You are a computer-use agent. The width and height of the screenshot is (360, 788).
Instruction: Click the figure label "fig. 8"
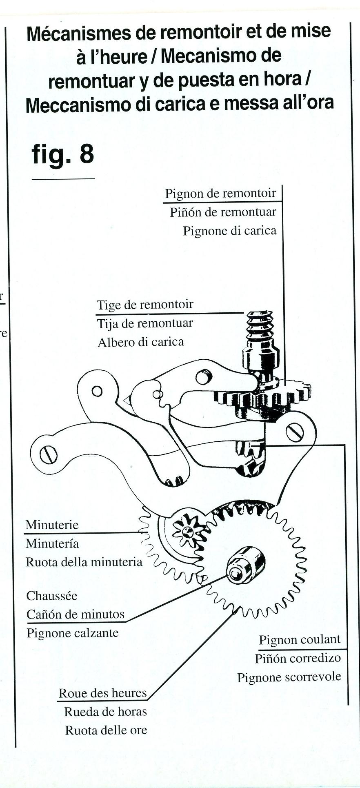[x=63, y=154]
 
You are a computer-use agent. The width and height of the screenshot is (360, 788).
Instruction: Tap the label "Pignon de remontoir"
[x=220, y=193]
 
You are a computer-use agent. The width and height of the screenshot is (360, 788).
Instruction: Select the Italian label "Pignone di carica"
[x=229, y=231]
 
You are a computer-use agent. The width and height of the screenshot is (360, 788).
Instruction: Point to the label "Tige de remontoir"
[x=145, y=305]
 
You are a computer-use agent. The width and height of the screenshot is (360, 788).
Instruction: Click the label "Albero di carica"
[x=141, y=342]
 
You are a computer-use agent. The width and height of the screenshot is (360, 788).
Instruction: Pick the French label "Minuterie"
[x=52, y=525]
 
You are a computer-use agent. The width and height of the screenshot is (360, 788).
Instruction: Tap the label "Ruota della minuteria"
[x=84, y=562]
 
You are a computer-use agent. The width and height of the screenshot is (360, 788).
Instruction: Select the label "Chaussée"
[x=52, y=596]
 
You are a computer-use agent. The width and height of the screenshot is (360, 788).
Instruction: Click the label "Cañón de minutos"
[x=76, y=614]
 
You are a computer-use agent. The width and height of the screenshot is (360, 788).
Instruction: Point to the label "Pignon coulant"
[x=300, y=640]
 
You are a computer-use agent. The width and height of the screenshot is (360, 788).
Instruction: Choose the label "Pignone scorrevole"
[x=289, y=677]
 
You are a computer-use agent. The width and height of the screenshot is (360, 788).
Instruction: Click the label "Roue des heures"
[x=102, y=693]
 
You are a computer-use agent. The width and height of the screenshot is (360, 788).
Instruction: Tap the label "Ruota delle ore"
[x=106, y=730]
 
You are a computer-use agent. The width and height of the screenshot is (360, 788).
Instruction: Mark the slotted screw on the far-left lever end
[x=49, y=455]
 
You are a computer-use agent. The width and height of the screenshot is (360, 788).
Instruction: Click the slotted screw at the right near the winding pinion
[x=295, y=432]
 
